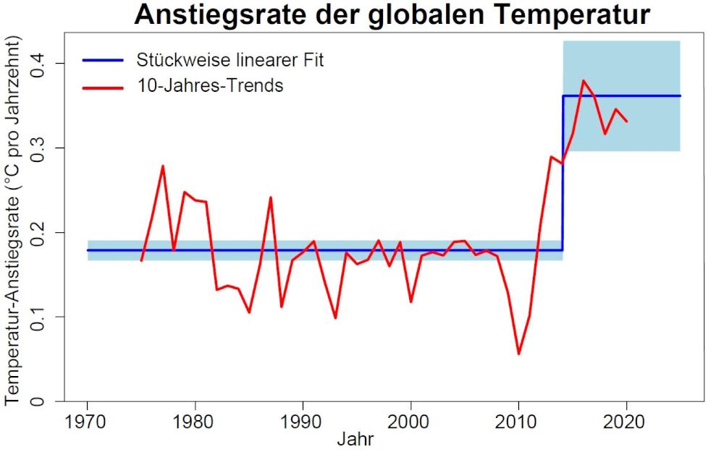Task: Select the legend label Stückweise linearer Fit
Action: pyautogui.click(x=230, y=60)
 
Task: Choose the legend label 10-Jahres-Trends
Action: pyautogui.click(x=210, y=86)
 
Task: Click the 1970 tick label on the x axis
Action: pyautogui.click(x=88, y=422)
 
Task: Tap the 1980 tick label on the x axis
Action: pyautogui.click(x=195, y=422)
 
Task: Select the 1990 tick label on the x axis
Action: pyautogui.click(x=303, y=422)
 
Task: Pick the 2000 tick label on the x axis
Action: pyautogui.click(x=411, y=422)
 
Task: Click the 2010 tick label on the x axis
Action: pyautogui.click(x=518, y=422)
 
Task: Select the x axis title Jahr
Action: pyautogui.click(x=355, y=439)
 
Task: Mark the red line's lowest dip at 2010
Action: pyautogui.click(x=518, y=354)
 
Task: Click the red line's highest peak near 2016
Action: pyautogui.click(x=583, y=81)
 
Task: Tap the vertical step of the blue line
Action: pyautogui.click(x=563, y=174)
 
